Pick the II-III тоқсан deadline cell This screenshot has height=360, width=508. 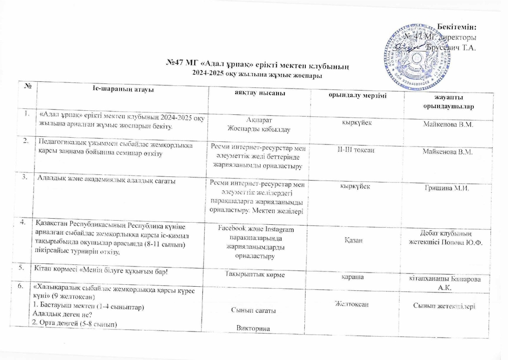[x=354, y=151]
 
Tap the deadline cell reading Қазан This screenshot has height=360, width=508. [x=354, y=241]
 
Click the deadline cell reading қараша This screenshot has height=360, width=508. [x=354, y=278]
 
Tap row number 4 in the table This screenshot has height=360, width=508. [x=23, y=222]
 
